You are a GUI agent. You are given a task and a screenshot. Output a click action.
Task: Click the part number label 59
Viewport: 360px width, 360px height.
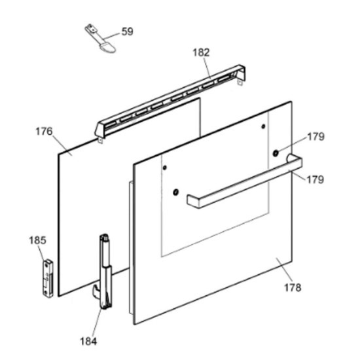[127, 31]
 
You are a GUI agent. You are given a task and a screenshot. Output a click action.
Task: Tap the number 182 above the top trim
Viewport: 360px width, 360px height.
[201, 52]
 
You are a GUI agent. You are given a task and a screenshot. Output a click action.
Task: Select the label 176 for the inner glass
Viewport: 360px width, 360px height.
[44, 132]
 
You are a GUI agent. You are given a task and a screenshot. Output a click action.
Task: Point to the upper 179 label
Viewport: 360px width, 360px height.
[315, 137]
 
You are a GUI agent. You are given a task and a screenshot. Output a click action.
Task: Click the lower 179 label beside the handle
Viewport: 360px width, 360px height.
[315, 179]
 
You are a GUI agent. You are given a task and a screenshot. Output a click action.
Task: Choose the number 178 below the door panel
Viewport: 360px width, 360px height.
[293, 287]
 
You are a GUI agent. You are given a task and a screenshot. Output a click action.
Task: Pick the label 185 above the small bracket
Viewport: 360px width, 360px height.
[37, 240]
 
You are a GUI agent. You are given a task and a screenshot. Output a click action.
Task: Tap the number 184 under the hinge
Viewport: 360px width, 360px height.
[88, 341]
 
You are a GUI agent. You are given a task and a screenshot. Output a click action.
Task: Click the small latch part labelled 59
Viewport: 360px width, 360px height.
[100, 39]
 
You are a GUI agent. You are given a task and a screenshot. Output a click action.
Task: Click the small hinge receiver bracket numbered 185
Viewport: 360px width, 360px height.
[48, 278]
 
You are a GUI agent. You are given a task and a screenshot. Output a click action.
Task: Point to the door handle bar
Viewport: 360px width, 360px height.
[245, 181]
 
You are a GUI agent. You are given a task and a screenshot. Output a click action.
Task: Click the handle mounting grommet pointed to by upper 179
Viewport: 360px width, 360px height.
[276, 153]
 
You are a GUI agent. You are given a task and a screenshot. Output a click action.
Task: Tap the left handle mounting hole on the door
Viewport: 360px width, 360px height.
[175, 192]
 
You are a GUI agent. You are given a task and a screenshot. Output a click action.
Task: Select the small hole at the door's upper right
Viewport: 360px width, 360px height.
[263, 126]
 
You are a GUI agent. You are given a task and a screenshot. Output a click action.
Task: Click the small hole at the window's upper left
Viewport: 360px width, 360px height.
[164, 168]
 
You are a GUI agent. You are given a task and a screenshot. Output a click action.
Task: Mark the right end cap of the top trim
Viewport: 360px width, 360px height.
[241, 74]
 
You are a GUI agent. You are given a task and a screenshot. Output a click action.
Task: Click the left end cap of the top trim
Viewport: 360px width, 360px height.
[99, 132]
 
